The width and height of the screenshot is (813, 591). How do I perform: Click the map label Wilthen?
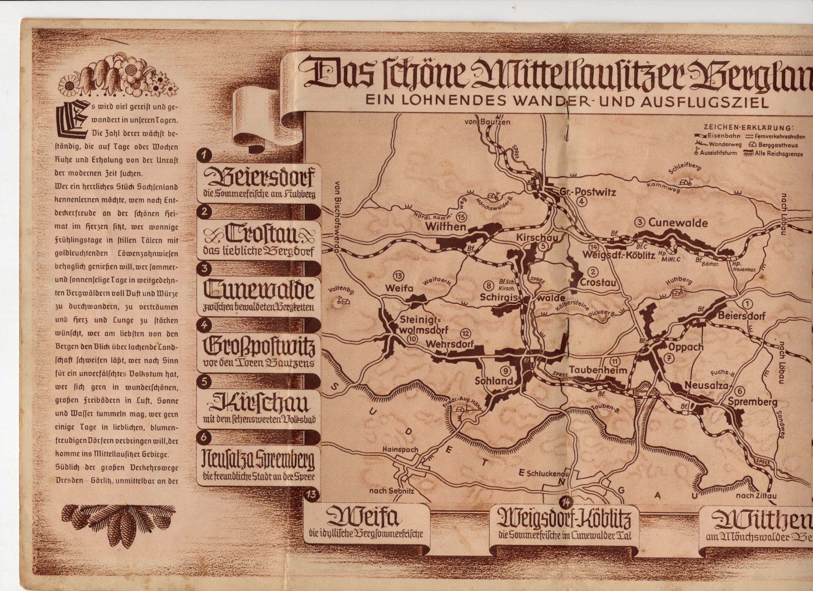(x=445, y=226)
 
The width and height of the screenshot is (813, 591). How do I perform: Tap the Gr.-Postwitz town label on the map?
(x=587, y=193)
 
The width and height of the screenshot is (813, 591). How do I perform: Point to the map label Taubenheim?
(x=597, y=370)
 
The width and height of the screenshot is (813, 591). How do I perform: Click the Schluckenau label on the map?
(x=547, y=473)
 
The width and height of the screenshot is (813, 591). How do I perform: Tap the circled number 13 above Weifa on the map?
(x=398, y=275)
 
